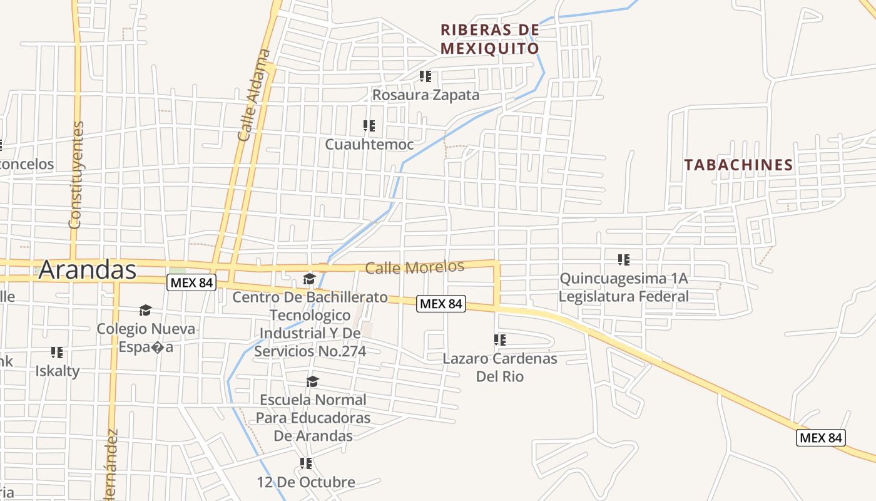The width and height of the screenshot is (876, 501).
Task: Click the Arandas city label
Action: pyautogui.click(x=88, y=270)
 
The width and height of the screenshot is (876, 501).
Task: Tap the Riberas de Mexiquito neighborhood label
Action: pyautogui.click(x=489, y=39)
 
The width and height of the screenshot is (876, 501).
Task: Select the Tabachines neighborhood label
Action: pyautogui.click(x=738, y=165)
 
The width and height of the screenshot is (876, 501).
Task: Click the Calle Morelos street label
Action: pyautogui.click(x=414, y=267)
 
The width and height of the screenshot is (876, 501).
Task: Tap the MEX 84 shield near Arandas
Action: pyautogui.click(x=191, y=282)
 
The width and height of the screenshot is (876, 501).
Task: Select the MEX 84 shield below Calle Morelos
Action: pyautogui.click(x=441, y=304)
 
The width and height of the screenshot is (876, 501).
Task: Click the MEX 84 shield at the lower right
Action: pyautogui.click(x=821, y=437)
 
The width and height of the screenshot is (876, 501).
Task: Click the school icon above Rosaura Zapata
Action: pyautogui.click(x=425, y=76)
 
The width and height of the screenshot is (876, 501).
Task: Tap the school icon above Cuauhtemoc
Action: pyautogui.click(x=369, y=126)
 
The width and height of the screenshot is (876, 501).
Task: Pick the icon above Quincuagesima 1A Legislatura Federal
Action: pyautogui.click(x=623, y=259)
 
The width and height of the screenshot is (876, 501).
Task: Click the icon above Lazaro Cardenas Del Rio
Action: pyautogui.click(x=499, y=340)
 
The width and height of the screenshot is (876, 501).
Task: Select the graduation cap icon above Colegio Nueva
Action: pyautogui.click(x=145, y=310)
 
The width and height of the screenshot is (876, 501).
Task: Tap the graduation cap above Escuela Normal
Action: pyautogui.click(x=312, y=381)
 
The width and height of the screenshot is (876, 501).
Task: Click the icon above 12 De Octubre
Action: pyautogui.click(x=305, y=463)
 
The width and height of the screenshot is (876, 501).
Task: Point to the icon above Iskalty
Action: pyautogui.click(x=57, y=353)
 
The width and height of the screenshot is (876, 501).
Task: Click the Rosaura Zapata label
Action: pyautogui.click(x=425, y=95)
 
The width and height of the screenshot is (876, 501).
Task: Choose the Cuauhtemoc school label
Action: pyautogui.click(x=369, y=145)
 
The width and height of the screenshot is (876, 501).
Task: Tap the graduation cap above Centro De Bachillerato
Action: pyautogui.click(x=309, y=279)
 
